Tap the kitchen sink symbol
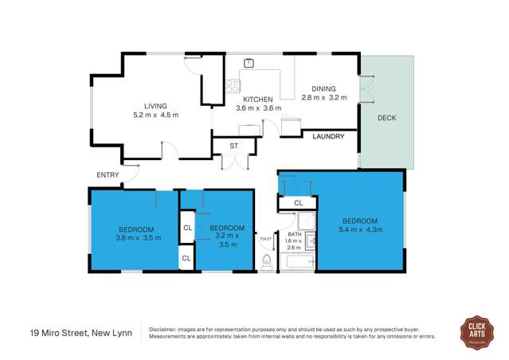coord(249,62)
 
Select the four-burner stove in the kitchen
coord(233,87)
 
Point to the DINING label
coord(323,89)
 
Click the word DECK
coord(386,119)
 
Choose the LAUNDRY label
coord(328,137)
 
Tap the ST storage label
coord(234,146)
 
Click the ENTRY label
coord(107,175)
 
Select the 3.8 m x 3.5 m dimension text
coord(139,237)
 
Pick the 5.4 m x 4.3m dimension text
coord(362,230)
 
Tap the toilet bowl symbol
coord(268,262)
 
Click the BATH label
coord(294,233)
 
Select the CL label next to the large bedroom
coord(298,204)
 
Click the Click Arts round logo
coord(477,332)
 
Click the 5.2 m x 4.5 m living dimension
coord(155,115)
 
